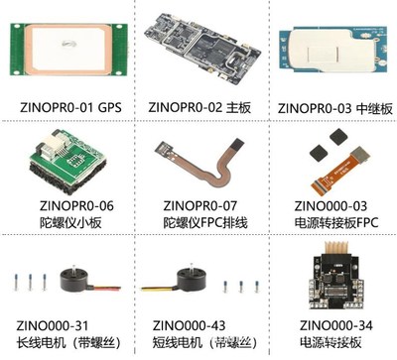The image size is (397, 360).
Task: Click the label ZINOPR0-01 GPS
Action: [69, 104]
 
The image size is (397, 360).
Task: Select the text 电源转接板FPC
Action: [336, 223]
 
